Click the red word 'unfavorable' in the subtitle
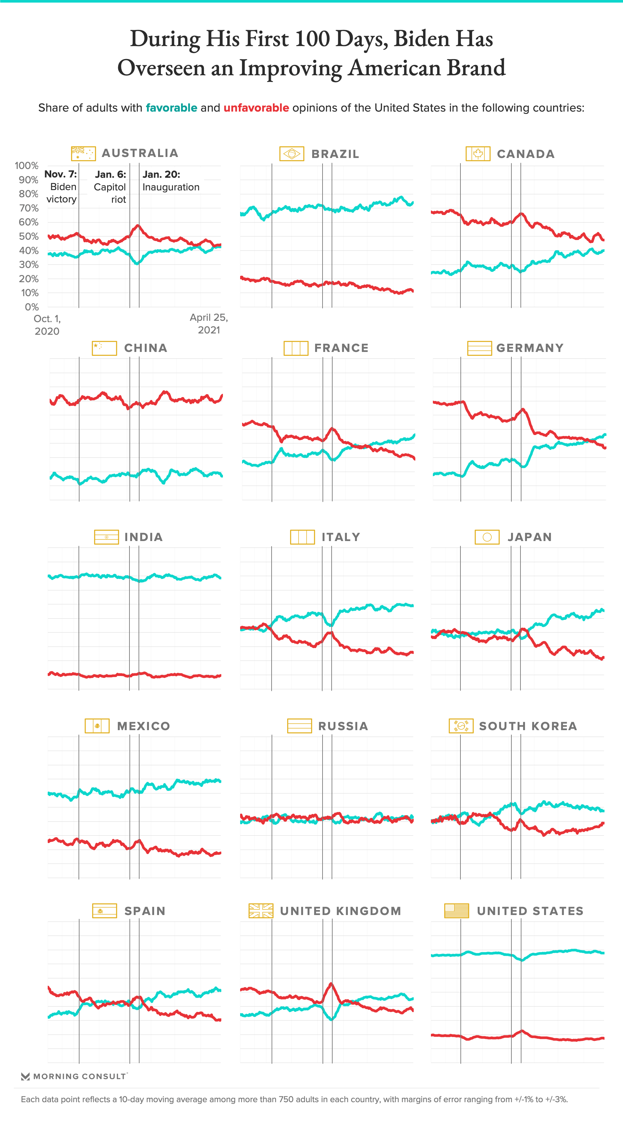pos(256,108)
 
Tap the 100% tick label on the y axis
pos(27,166)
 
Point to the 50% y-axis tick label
pos(29,236)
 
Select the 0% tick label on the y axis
pos(32,307)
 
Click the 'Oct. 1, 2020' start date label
pos(47,325)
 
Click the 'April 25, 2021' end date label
pos(209,324)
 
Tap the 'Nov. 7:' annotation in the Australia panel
pos(60,174)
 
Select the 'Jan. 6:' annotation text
pos(111,175)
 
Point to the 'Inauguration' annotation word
pos(171,187)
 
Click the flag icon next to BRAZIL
pos(292,154)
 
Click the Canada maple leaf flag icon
pos(478,154)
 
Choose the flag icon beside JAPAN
pos(487,537)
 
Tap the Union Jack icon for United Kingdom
pos(261,911)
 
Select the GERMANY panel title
pos(530,348)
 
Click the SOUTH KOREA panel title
pos(528,726)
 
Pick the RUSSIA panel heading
pos(343,726)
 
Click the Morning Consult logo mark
pos(25,1076)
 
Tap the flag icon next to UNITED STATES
pos(457,911)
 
